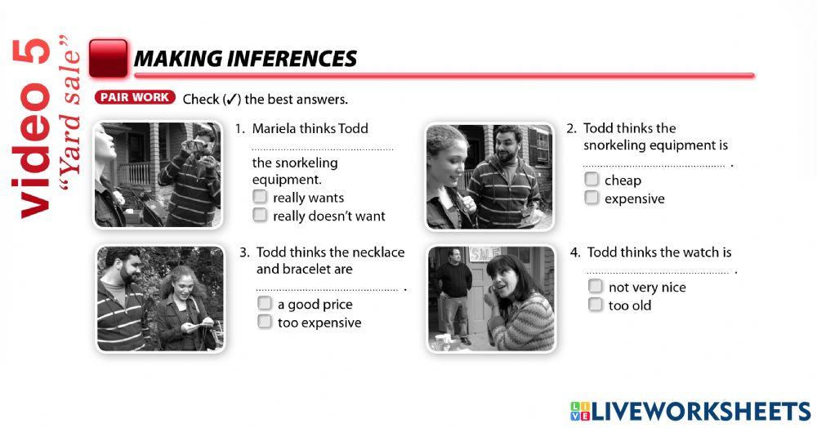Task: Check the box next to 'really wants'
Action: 260,197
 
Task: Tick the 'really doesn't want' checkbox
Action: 260,215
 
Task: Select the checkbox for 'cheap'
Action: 592,179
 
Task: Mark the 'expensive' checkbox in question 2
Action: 592,198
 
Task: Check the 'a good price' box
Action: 265,303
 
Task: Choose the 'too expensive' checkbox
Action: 265,322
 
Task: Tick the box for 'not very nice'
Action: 595,286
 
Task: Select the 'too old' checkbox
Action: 595,304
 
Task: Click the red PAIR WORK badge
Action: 135,97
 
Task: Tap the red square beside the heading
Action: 109,58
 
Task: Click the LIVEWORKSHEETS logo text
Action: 701,412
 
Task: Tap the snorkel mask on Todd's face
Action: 195,145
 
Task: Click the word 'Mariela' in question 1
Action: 274,128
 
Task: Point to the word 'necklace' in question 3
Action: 378,252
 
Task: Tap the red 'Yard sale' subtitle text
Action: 71,113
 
